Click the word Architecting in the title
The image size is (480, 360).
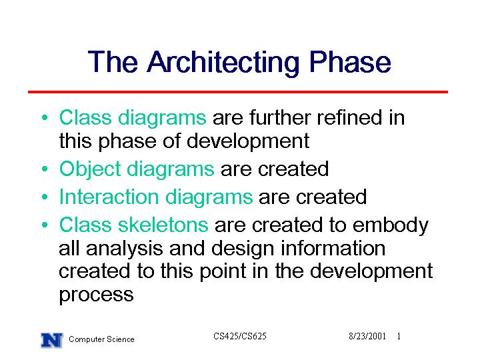coord(223,63)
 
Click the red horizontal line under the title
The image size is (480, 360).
coord(238,91)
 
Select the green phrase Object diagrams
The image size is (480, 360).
coord(137,169)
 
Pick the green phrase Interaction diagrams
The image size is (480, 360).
coord(156,197)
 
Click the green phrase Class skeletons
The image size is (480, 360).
coord(133,225)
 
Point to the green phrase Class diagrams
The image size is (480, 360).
coord(133,118)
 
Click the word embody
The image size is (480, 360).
coord(390,225)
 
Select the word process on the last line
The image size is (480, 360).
coord(96,295)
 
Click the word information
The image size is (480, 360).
coord(333,248)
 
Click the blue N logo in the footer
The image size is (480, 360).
coord(52,340)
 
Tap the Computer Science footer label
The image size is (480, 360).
coord(101,339)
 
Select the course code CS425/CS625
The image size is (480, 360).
coord(240,336)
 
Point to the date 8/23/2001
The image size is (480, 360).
coord(367,336)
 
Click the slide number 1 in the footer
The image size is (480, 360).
coord(399,336)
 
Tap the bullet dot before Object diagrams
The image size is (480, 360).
coord(45,169)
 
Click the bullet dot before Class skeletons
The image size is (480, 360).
coord(45,225)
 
